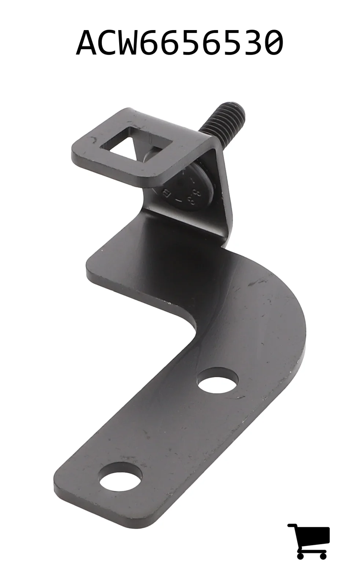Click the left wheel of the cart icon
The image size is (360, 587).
pos(300,555)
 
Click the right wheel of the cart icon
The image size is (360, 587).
pos(323,555)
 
